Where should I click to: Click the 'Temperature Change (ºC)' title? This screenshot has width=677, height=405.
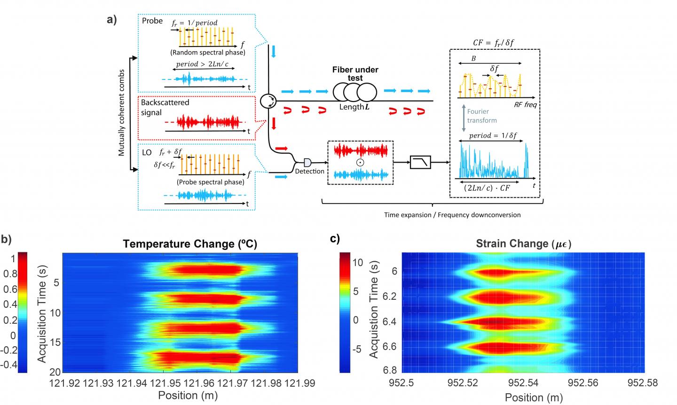point(190,244)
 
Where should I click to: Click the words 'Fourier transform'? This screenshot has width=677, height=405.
point(481,116)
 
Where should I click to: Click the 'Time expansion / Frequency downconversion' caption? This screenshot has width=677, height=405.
point(452,215)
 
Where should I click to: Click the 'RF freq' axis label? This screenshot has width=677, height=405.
point(525,105)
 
